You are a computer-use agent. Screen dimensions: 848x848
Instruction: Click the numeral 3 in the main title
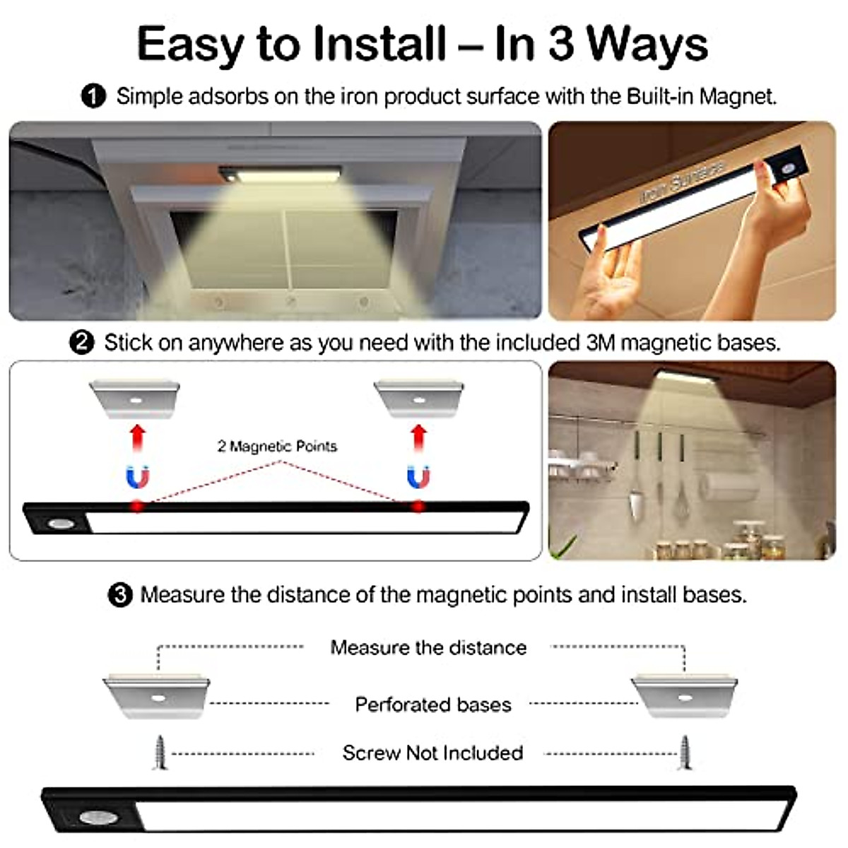pos(561,44)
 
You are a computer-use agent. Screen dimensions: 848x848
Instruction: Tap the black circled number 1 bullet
pos(93,96)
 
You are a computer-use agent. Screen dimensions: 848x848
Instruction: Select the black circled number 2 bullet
pos(82,343)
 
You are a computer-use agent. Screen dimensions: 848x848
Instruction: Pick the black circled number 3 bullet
pos(119,595)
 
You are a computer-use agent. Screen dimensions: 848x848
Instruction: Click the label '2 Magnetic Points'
pos(277,446)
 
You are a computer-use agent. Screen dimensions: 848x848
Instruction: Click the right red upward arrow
pos(419,437)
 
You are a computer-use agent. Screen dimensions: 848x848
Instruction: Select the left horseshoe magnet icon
pos(138,478)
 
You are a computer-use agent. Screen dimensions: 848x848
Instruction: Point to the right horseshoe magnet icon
pos(418,478)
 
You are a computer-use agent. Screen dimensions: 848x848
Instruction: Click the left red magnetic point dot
pos(138,506)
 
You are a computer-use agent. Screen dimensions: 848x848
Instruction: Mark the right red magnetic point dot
pos(418,506)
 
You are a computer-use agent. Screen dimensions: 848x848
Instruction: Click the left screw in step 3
pos(160,753)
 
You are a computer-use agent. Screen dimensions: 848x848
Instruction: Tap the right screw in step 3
pos(684,753)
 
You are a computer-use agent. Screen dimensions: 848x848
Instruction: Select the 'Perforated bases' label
pos(432,705)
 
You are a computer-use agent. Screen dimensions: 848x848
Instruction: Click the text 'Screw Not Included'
pos(432,753)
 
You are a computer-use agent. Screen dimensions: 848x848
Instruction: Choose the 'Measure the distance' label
pos(428,647)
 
